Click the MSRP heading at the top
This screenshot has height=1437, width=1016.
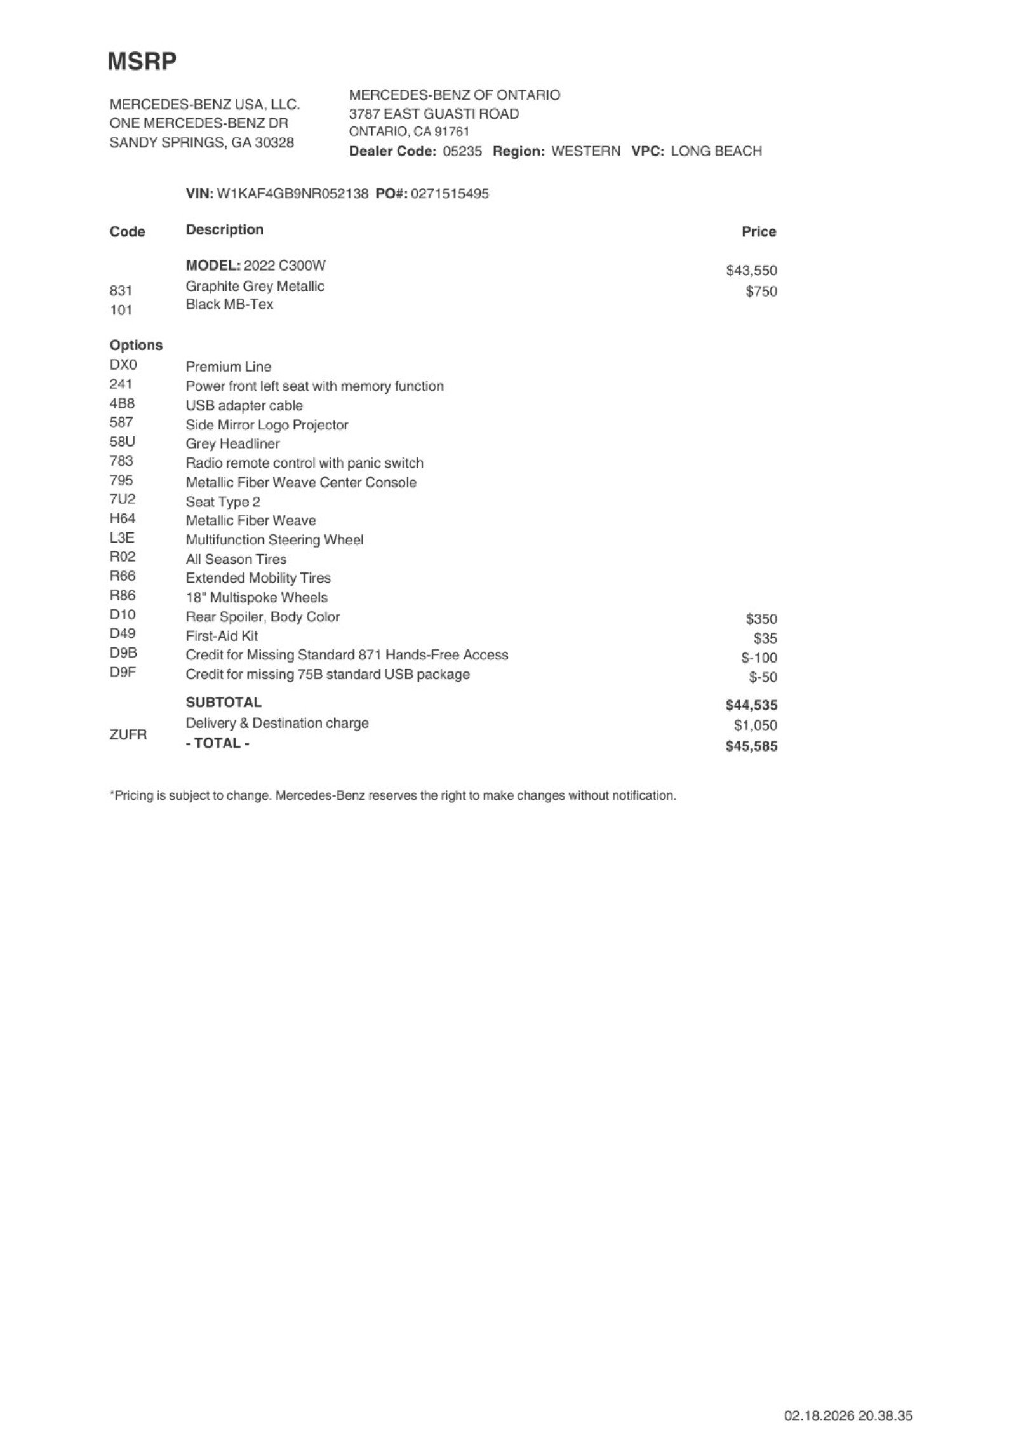142,62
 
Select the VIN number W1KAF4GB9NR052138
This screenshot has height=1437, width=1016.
292,194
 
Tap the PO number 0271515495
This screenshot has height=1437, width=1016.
450,194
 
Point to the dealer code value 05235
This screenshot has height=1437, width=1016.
462,152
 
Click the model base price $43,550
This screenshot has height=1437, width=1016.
751,271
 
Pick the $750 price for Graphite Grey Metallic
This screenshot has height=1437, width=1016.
761,292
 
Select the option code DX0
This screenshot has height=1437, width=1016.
123,365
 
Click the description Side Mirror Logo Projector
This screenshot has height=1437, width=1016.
267,425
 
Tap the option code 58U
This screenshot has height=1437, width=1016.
123,442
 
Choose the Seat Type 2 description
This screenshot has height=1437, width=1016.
223,502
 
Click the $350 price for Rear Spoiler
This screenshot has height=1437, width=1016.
761,619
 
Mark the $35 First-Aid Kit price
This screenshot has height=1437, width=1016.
765,638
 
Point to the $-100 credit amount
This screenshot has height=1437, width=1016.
759,658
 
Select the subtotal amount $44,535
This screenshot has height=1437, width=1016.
751,705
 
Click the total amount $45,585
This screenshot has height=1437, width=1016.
751,746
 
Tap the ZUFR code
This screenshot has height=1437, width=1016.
128,735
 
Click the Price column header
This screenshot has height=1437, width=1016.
759,232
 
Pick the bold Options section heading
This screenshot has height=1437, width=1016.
136,346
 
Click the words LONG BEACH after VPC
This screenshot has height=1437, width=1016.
716,152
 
